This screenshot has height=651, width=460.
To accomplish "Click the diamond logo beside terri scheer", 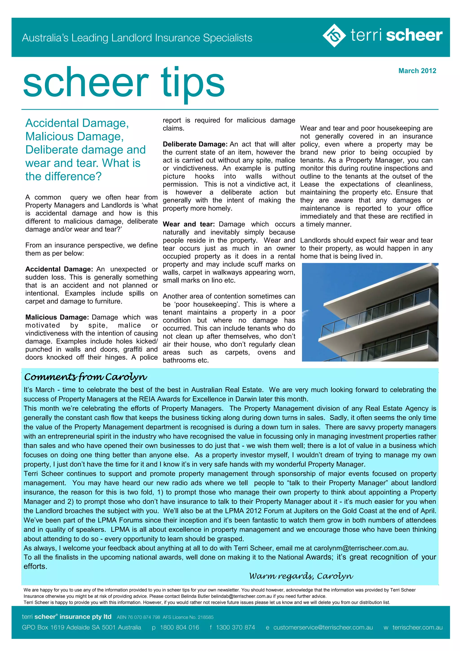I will tap(334, 35).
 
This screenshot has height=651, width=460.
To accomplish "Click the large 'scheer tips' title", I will tap(124, 83).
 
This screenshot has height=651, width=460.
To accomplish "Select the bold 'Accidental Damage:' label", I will tap(59, 269).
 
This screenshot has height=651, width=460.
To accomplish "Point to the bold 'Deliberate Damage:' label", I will tap(195, 144).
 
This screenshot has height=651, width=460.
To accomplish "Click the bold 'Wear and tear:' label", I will tap(188, 224).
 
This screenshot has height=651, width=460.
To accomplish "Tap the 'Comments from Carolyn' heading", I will tap(85, 377).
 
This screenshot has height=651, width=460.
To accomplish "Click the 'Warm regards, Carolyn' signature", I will tap(301, 576).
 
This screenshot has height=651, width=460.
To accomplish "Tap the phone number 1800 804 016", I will tap(179, 627).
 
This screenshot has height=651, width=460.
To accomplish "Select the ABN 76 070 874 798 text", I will tap(138, 617).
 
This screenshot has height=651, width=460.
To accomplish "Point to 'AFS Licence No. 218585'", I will tap(188, 617).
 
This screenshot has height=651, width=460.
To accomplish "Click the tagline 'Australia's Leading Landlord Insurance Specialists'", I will tap(137, 38).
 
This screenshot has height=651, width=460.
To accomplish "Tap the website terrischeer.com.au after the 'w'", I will tap(417, 627).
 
